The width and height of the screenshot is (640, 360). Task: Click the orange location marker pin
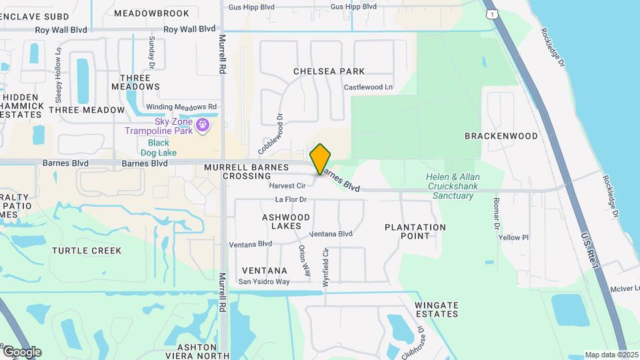coord(321,158)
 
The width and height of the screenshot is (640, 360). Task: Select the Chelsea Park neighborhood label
coord(329,71)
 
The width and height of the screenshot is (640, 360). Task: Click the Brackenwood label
coord(501,136)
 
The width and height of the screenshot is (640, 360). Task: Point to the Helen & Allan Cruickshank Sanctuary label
coord(454,186)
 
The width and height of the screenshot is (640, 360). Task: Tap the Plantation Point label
coord(415,231)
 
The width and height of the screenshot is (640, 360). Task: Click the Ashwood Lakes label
coord(286,221)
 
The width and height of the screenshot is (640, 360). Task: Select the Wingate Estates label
coord(437,309)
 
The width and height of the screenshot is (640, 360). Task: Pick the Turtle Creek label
coord(87,251)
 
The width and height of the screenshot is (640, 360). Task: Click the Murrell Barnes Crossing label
coord(247,171)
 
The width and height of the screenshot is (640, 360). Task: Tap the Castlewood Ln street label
coord(368,87)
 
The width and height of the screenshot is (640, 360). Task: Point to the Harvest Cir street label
coord(287,185)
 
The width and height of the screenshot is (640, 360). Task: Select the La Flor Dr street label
coord(290,199)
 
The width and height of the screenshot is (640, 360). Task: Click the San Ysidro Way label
coord(264,281)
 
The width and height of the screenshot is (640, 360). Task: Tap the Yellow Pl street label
coord(513,237)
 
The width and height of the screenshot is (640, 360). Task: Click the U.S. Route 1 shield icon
coord(491,15)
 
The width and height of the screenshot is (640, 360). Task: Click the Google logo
coord(22,351)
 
